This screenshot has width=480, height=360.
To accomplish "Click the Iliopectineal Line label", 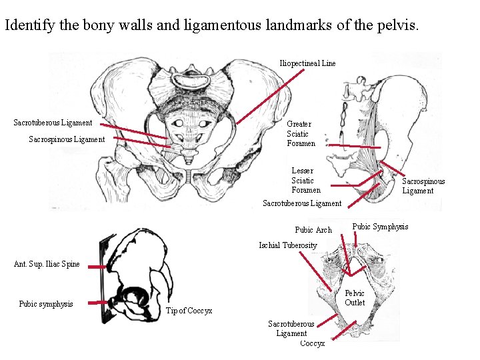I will (307, 63).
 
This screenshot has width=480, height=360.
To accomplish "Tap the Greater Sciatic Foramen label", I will (301, 133).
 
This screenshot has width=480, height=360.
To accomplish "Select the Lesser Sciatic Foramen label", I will (305, 181).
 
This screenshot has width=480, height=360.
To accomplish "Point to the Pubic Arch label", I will (313, 230).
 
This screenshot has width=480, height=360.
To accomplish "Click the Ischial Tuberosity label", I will (288, 245).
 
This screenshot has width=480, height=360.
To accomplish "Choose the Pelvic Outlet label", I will (355, 298).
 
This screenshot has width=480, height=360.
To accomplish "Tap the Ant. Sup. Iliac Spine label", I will (47, 264).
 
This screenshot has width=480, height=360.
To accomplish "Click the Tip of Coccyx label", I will (189, 311).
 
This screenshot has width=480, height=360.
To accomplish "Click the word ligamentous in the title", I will (285, 26).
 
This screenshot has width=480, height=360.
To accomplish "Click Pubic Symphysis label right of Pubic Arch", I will (380, 227).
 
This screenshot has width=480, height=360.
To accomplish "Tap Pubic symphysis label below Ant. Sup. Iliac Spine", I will (46, 304).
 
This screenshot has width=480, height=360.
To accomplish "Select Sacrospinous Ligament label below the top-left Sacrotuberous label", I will (67, 139).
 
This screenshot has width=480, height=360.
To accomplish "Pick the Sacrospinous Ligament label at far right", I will (423, 186).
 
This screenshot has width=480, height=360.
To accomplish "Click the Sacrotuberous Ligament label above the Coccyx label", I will (291, 329).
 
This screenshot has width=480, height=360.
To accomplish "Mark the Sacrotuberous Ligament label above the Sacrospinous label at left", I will (53, 123).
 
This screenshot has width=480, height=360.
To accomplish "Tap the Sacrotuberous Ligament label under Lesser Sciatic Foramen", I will (302, 203).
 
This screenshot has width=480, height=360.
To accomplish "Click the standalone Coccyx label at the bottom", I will (313, 343).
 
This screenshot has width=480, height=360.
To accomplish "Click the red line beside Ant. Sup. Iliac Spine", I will (97, 266).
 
